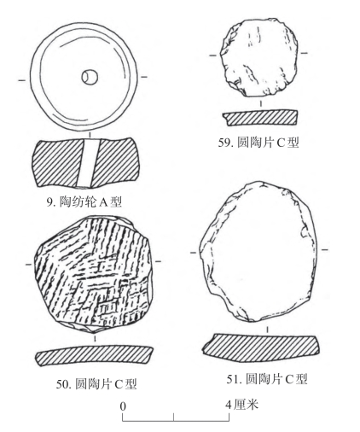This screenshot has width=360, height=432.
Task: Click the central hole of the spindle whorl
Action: [90, 77]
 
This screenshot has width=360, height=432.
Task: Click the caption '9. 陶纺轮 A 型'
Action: [84, 201]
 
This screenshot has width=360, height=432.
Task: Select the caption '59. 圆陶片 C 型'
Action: [258, 142]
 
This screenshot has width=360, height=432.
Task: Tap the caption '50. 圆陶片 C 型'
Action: [96, 384]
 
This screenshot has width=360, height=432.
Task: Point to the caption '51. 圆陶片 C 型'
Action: [267, 379]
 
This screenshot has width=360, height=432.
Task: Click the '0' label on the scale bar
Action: [123, 406]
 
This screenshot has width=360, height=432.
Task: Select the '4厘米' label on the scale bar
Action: [242, 405]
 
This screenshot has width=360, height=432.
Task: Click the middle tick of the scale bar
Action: [174, 417]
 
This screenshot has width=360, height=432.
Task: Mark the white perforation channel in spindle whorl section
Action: [89, 163]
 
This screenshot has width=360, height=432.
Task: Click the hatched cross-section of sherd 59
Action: [260, 118]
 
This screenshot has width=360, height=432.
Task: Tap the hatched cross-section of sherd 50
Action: [94, 355]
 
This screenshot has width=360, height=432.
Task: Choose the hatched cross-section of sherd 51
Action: [261, 345]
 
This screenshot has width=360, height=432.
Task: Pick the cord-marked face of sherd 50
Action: [93, 274]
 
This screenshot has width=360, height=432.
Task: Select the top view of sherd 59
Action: [259, 58]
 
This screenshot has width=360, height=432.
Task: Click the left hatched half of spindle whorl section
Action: [57, 163]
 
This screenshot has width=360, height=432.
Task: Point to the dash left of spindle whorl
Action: [22, 80]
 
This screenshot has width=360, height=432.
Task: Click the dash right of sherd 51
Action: [325, 250]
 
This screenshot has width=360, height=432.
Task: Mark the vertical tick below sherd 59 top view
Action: [261, 103]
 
